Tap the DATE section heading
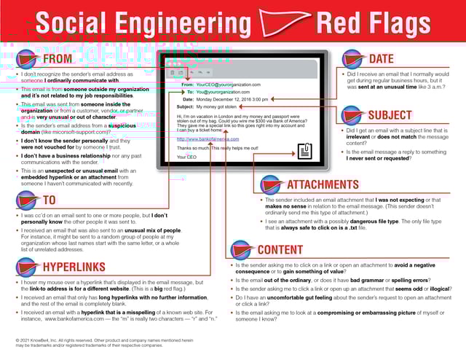tap(382, 58)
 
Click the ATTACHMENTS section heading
tap(323, 185)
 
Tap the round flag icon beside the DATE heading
tap(353, 58)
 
